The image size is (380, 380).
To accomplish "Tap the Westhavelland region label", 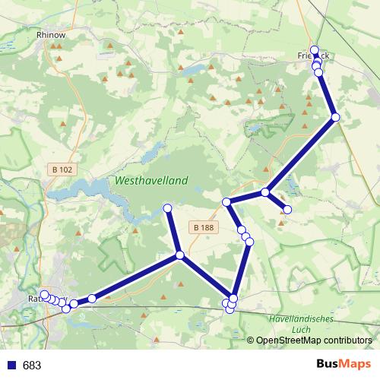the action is pyautogui.click(x=152, y=181).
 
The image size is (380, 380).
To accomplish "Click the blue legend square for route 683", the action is pyautogui.click(x=11, y=365).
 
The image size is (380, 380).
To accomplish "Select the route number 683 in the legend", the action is pyautogui.click(x=32, y=365).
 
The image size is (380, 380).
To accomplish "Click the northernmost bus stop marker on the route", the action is pyautogui.click(x=315, y=50).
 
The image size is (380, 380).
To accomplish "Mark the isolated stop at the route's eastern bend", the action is pyautogui.click(x=335, y=116).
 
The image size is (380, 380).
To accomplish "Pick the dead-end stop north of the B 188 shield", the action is pyautogui.click(x=168, y=207).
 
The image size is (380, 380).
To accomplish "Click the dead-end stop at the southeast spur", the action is pyautogui.click(x=287, y=209).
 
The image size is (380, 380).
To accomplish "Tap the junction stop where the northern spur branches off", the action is pyautogui.click(x=179, y=255).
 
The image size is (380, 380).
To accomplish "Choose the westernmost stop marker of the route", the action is pyautogui.click(x=45, y=294).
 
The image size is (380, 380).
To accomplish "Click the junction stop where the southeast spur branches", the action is pyautogui.click(x=264, y=192).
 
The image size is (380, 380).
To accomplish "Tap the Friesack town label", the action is pyautogui.click(x=313, y=55).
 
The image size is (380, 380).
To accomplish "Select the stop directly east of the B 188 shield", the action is pyautogui.click(x=226, y=201).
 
